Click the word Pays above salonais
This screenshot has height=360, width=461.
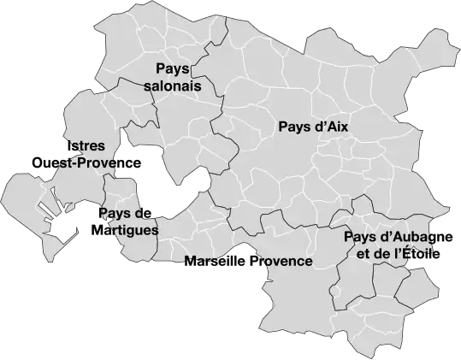(x=173, y=69)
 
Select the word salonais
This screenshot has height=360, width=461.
(x=174, y=86)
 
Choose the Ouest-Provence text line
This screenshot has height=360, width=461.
(x=86, y=163)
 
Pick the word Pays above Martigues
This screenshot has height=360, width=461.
(x=114, y=213)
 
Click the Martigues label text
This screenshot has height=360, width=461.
(x=127, y=230)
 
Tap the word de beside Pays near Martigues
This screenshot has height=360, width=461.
(x=142, y=213)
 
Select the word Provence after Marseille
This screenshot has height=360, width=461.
(x=279, y=260)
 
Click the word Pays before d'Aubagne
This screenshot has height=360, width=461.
(x=360, y=237)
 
